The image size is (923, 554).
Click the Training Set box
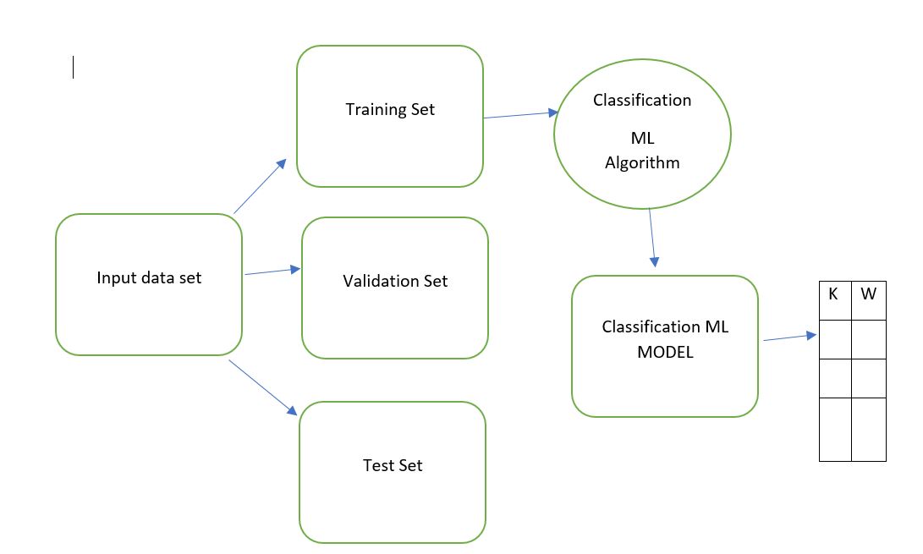(x=389, y=116)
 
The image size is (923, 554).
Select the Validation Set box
(x=395, y=288)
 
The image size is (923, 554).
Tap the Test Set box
(x=393, y=472)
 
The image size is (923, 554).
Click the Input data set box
(x=149, y=284)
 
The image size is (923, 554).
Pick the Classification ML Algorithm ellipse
(x=642, y=133)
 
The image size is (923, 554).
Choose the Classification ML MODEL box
(x=665, y=346)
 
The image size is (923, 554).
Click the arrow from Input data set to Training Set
(x=260, y=186)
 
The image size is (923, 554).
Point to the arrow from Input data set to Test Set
(x=262, y=387)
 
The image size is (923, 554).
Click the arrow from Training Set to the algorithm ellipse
(x=520, y=115)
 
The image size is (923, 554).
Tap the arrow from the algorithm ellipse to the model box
(x=651, y=237)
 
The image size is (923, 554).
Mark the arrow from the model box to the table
(x=789, y=337)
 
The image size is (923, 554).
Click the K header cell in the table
(x=834, y=295)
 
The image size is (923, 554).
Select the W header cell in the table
(x=868, y=295)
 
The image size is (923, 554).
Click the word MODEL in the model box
(x=665, y=353)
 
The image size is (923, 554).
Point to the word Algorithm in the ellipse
(x=642, y=163)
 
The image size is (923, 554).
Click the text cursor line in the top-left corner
(x=74, y=67)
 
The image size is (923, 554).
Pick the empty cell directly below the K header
(x=835, y=339)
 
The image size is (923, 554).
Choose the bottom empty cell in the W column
(x=869, y=429)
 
